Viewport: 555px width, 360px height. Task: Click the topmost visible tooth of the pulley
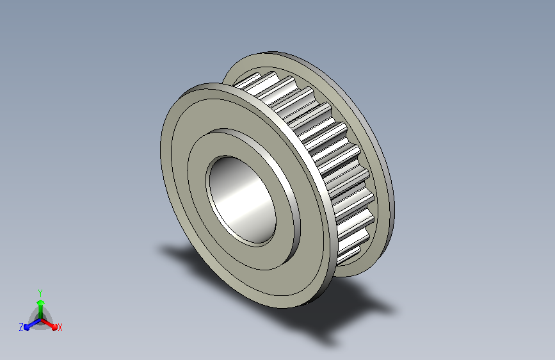coord(248,82)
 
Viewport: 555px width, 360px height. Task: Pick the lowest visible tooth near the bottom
coord(349,256)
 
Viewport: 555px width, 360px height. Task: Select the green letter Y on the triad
coord(40,293)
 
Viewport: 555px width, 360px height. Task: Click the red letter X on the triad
coord(60,328)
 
